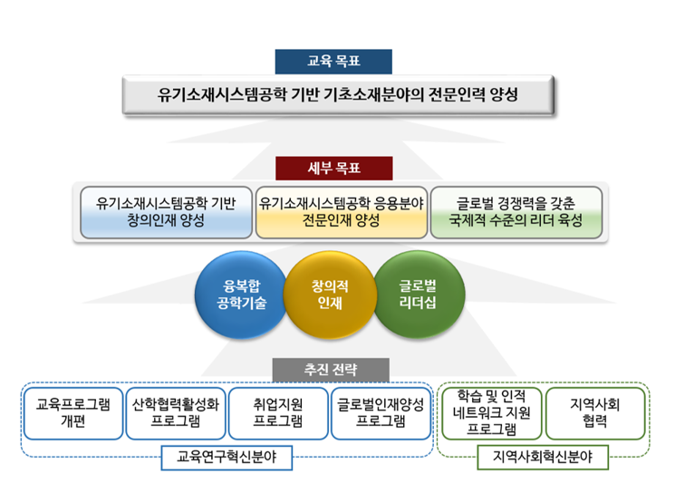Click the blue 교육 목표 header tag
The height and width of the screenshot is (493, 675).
pyautogui.click(x=333, y=61)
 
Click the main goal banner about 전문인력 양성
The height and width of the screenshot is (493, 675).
pyautogui.click(x=338, y=94)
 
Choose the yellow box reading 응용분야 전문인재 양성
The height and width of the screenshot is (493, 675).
pyautogui.click(x=339, y=212)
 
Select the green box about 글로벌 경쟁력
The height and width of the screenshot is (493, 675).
pyautogui.click(x=515, y=212)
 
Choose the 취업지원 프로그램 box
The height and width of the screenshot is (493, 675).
pyautogui.click(x=277, y=413)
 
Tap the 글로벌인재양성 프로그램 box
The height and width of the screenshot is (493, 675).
pyautogui.click(x=380, y=413)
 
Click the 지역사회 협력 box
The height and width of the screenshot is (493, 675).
pyautogui.click(x=595, y=413)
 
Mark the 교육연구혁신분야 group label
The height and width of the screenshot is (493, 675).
pyautogui.click(x=227, y=459)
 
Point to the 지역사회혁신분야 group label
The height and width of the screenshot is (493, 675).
pyautogui.click(x=543, y=459)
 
